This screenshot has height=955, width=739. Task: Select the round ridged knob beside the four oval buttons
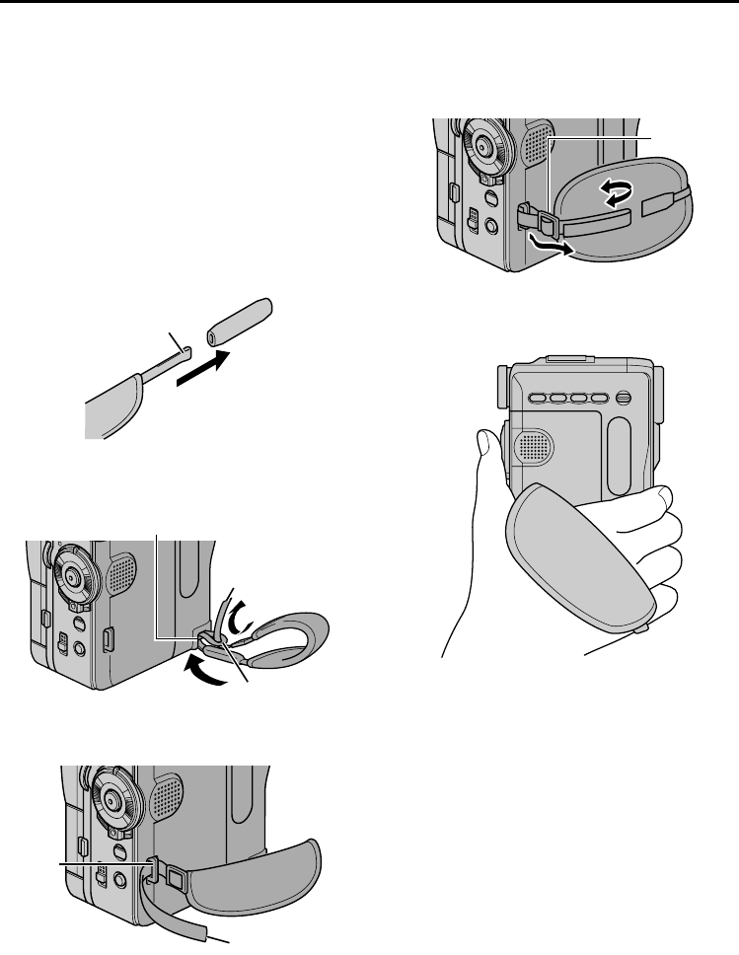[623, 399]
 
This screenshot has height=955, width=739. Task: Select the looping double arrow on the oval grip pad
[615, 193]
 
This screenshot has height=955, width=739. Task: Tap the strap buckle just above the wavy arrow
[547, 223]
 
